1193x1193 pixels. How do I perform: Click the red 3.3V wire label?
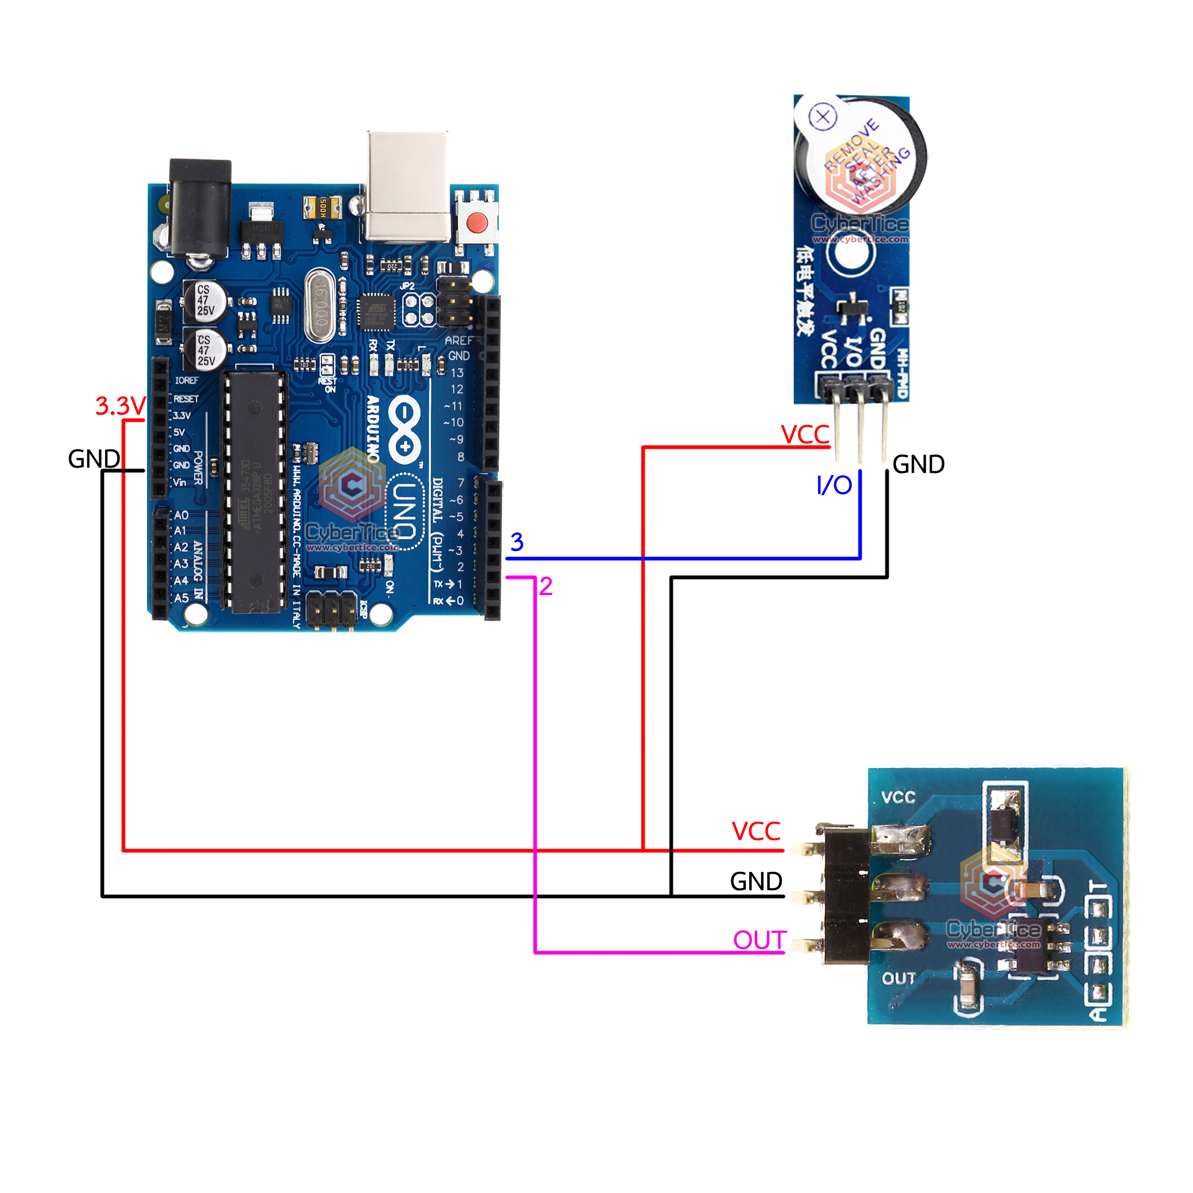click(120, 406)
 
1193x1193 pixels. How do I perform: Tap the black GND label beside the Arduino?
click(94, 459)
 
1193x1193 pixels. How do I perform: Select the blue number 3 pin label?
click(517, 542)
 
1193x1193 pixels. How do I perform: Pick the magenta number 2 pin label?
click(545, 586)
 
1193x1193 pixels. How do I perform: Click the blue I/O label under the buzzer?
click(834, 485)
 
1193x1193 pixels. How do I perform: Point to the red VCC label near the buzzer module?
click(805, 435)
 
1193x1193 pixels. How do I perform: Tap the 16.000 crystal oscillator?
click(320, 307)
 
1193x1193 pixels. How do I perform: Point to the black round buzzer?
click(861, 157)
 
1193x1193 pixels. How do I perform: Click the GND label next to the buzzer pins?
click(918, 464)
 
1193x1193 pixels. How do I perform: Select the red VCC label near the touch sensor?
click(756, 831)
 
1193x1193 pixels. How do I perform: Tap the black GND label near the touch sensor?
click(756, 881)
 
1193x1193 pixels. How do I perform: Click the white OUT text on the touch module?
click(899, 978)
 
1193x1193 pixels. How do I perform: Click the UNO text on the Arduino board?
click(405, 511)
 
